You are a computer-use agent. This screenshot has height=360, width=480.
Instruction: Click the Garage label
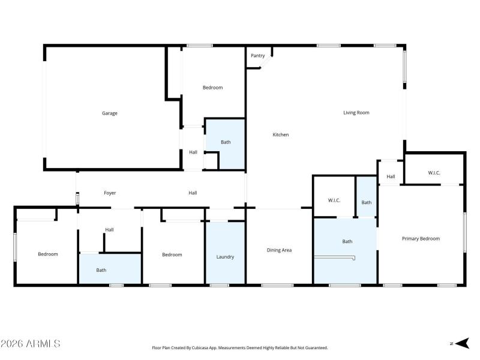(109, 113)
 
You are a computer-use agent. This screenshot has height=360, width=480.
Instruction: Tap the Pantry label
(258, 56)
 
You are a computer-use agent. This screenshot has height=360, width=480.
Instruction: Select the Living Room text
(356, 112)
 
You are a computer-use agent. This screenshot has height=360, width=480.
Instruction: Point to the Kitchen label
(281, 134)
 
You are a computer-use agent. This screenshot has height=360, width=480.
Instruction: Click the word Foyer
(110, 193)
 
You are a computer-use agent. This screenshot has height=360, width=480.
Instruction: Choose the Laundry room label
(225, 257)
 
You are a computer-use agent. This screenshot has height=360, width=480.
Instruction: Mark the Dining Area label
(279, 250)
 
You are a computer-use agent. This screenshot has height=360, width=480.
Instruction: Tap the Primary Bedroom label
(421, 238)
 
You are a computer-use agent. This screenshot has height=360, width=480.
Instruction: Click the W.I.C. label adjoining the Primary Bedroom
(434, 173)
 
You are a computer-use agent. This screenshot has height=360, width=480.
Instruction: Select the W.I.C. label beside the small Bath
(334, 200)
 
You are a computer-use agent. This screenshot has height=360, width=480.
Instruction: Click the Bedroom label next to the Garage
(212, 88)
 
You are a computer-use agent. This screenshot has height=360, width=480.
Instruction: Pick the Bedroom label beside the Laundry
(172, 254)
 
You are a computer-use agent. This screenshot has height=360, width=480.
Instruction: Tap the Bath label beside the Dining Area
(347, 241)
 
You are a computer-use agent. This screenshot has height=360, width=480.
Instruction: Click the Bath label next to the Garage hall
(226, 142)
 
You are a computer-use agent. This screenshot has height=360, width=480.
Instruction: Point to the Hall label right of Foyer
(193, 193)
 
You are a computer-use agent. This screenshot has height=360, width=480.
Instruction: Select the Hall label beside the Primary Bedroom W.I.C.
(391, 176)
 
